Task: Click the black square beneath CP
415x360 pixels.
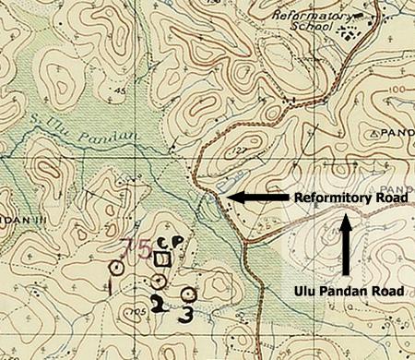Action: click(163, 259)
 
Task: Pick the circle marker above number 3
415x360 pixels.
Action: click(189, 295)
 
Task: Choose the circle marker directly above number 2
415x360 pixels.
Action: click(159, 281)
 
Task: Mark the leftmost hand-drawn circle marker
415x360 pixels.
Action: click(116, 268)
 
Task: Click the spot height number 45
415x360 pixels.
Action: click(120, 90)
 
